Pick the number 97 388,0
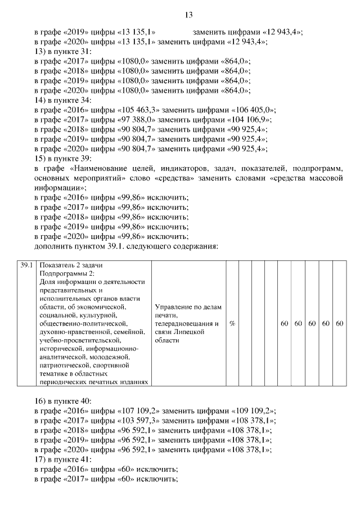pyautogui.click(x=134, y=120)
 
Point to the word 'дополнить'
pyautogui.click(x=55, y=246)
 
